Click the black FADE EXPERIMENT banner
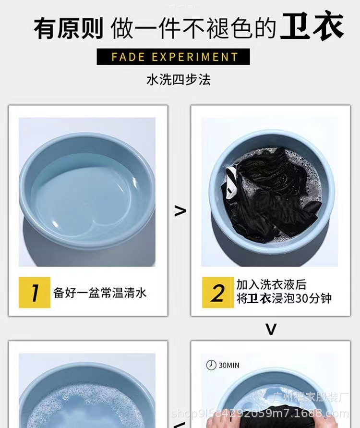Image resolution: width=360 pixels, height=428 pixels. click(x=173, y=57)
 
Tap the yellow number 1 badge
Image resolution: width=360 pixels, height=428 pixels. click(x=35, y=292)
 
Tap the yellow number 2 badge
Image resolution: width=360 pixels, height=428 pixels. click(x=217, y=292)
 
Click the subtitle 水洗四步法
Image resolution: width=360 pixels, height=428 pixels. click(x=178, y=79)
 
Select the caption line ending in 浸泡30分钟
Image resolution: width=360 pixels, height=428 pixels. click(x=284, y=298)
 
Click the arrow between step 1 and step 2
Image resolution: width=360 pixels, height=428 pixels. click(x=180, y=210)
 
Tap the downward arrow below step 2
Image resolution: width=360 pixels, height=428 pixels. click(x=271, y=329)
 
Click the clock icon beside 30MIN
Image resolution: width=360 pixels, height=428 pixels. click(x=211, y=365)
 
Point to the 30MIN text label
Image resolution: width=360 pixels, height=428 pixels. click(x=229, y=366)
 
